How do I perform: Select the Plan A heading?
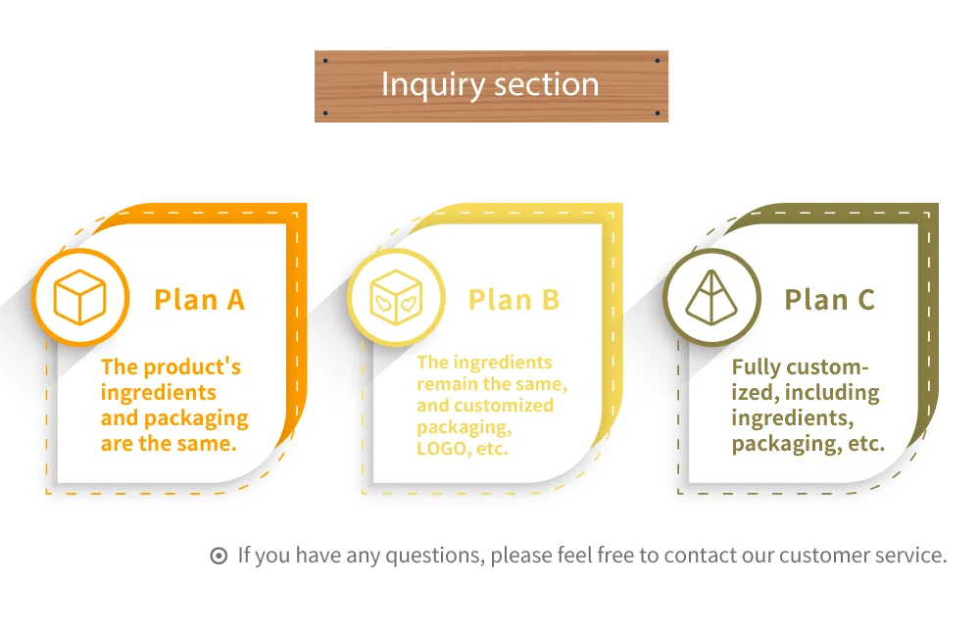coord(199,299)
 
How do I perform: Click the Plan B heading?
coord(514,299)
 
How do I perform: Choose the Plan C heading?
coord(829,299)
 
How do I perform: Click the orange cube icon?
coord(80,298)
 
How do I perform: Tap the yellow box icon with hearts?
coord(396,298)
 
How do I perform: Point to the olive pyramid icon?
coord(711,297)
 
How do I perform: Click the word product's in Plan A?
coord(191,367)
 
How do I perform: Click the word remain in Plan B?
coord(447,384)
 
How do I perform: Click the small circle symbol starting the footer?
coord(219,556)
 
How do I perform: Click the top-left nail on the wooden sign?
coord(325,60)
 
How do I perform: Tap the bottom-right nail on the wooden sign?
coord(657,114)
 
